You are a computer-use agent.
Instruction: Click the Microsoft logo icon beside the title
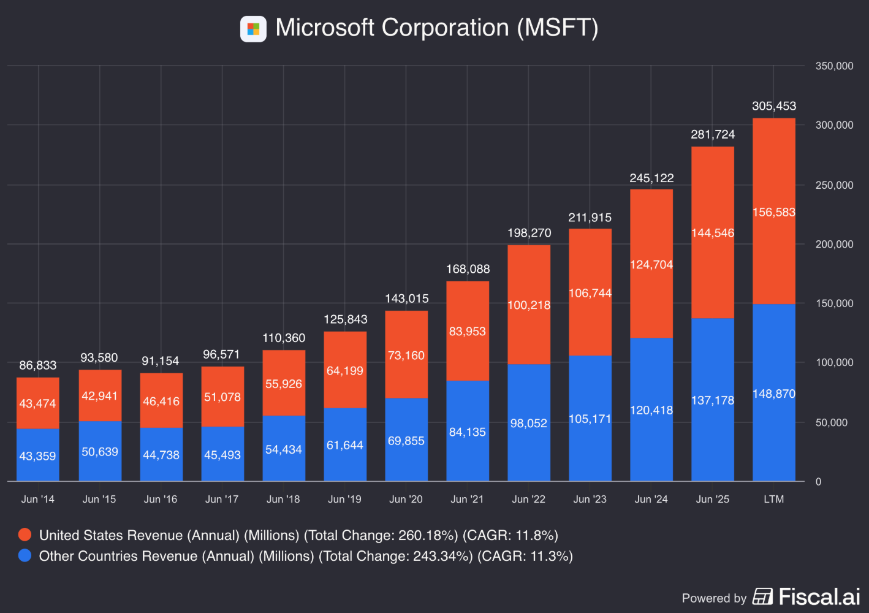(253, 29)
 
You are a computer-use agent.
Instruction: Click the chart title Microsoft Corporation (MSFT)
(436, 28)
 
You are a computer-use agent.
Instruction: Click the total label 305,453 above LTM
(774, 106)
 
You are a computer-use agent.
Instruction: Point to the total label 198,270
(529, 233)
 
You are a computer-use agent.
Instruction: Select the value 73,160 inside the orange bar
(406, 356)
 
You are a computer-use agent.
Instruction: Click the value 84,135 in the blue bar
(468, 432)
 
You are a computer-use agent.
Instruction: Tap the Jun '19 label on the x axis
(344, 499)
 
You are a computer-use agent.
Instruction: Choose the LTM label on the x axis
(774, 499)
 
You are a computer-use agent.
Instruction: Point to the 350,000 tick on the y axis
(834, 66)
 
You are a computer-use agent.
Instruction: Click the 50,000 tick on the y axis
(832, 422)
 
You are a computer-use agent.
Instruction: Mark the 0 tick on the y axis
(818, 482)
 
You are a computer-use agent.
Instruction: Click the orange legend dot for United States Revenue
(25, 535)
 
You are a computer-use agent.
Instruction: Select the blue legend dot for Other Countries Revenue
(25, 555)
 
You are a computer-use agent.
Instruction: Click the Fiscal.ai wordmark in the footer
(819, 596)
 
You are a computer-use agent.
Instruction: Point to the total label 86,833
(38, 365)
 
